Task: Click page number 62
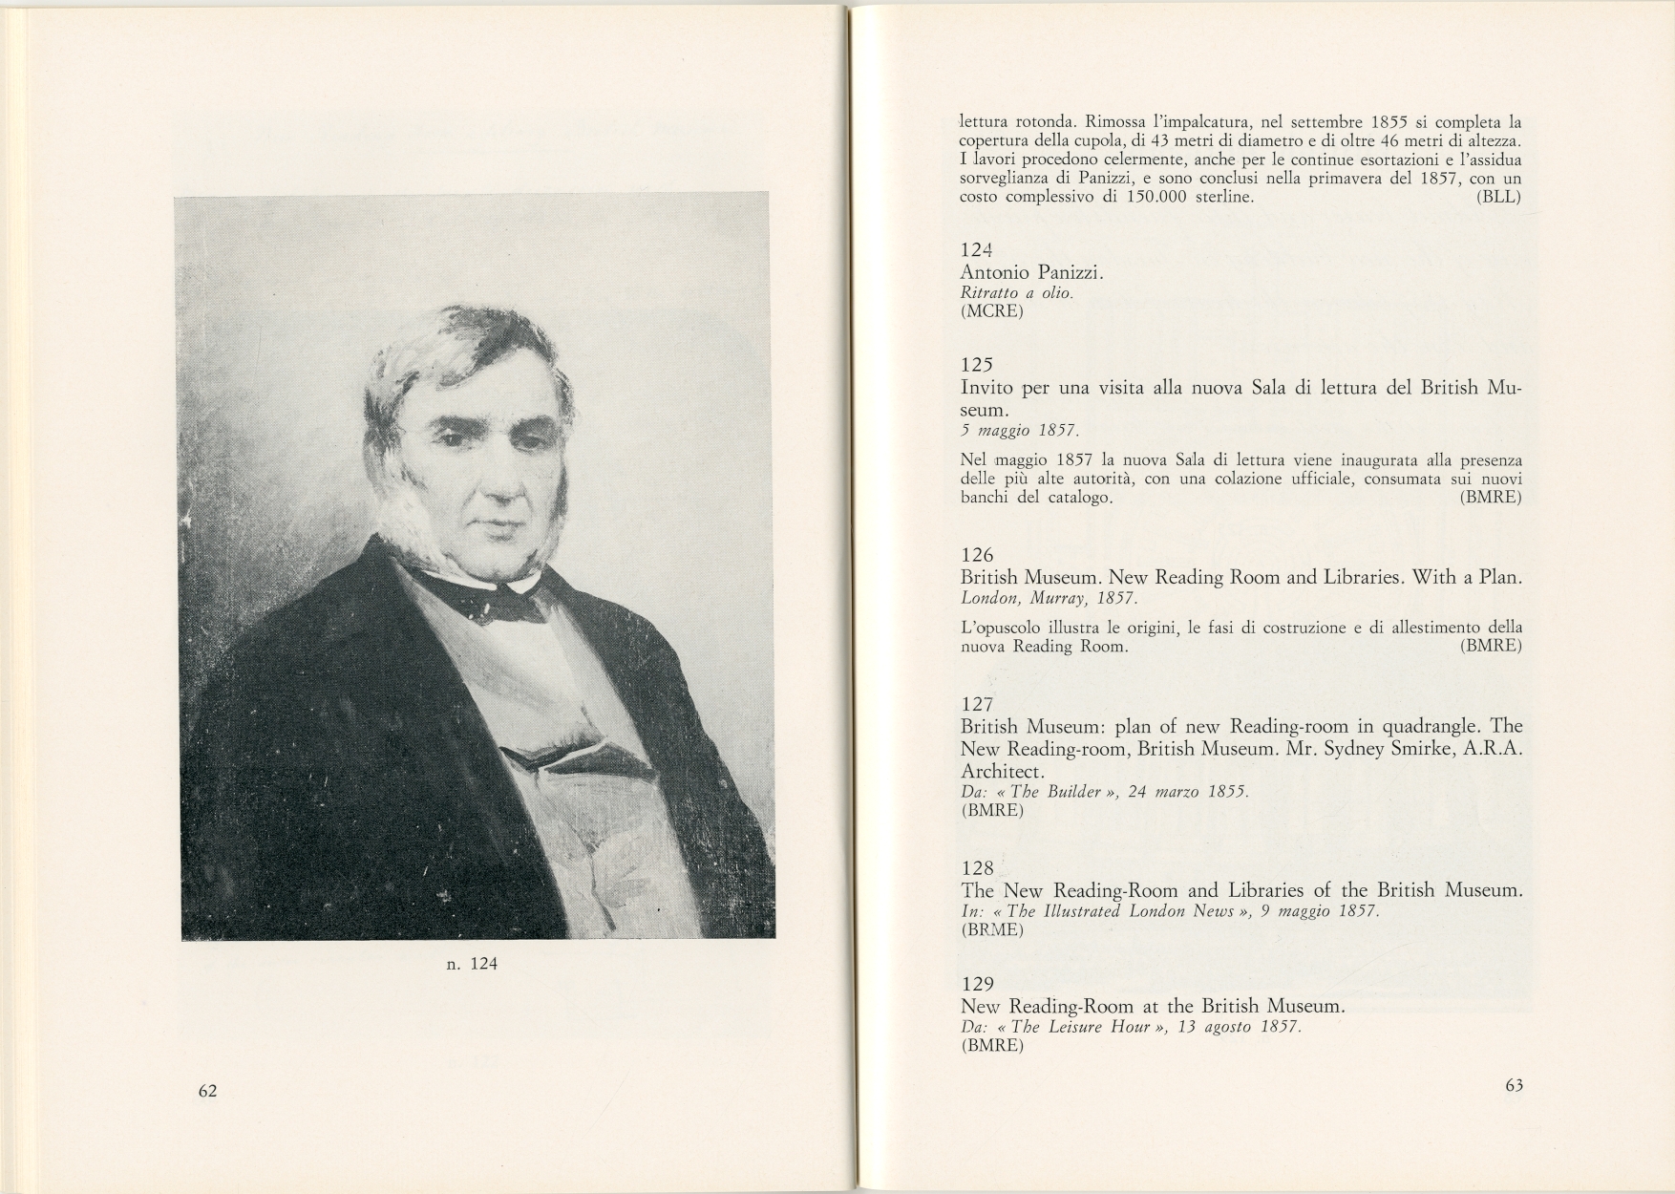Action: tap(208, 1091)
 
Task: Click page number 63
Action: tap(1514, 1085)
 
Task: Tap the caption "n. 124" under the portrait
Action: tap(472, 964)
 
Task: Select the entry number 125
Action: tap(978, 364)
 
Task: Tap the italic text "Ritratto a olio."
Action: tap(1017, 293)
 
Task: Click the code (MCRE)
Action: tap(991, 311)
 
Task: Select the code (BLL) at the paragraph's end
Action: tap(1498, 197)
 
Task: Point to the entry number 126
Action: tap(978, 555)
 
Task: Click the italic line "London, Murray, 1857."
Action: tap(1049, 599)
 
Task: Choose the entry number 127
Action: tap(978, 705)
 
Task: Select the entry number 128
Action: tap(978, 868)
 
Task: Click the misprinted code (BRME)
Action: tap(991, 929)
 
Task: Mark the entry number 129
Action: tap(978, 985)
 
